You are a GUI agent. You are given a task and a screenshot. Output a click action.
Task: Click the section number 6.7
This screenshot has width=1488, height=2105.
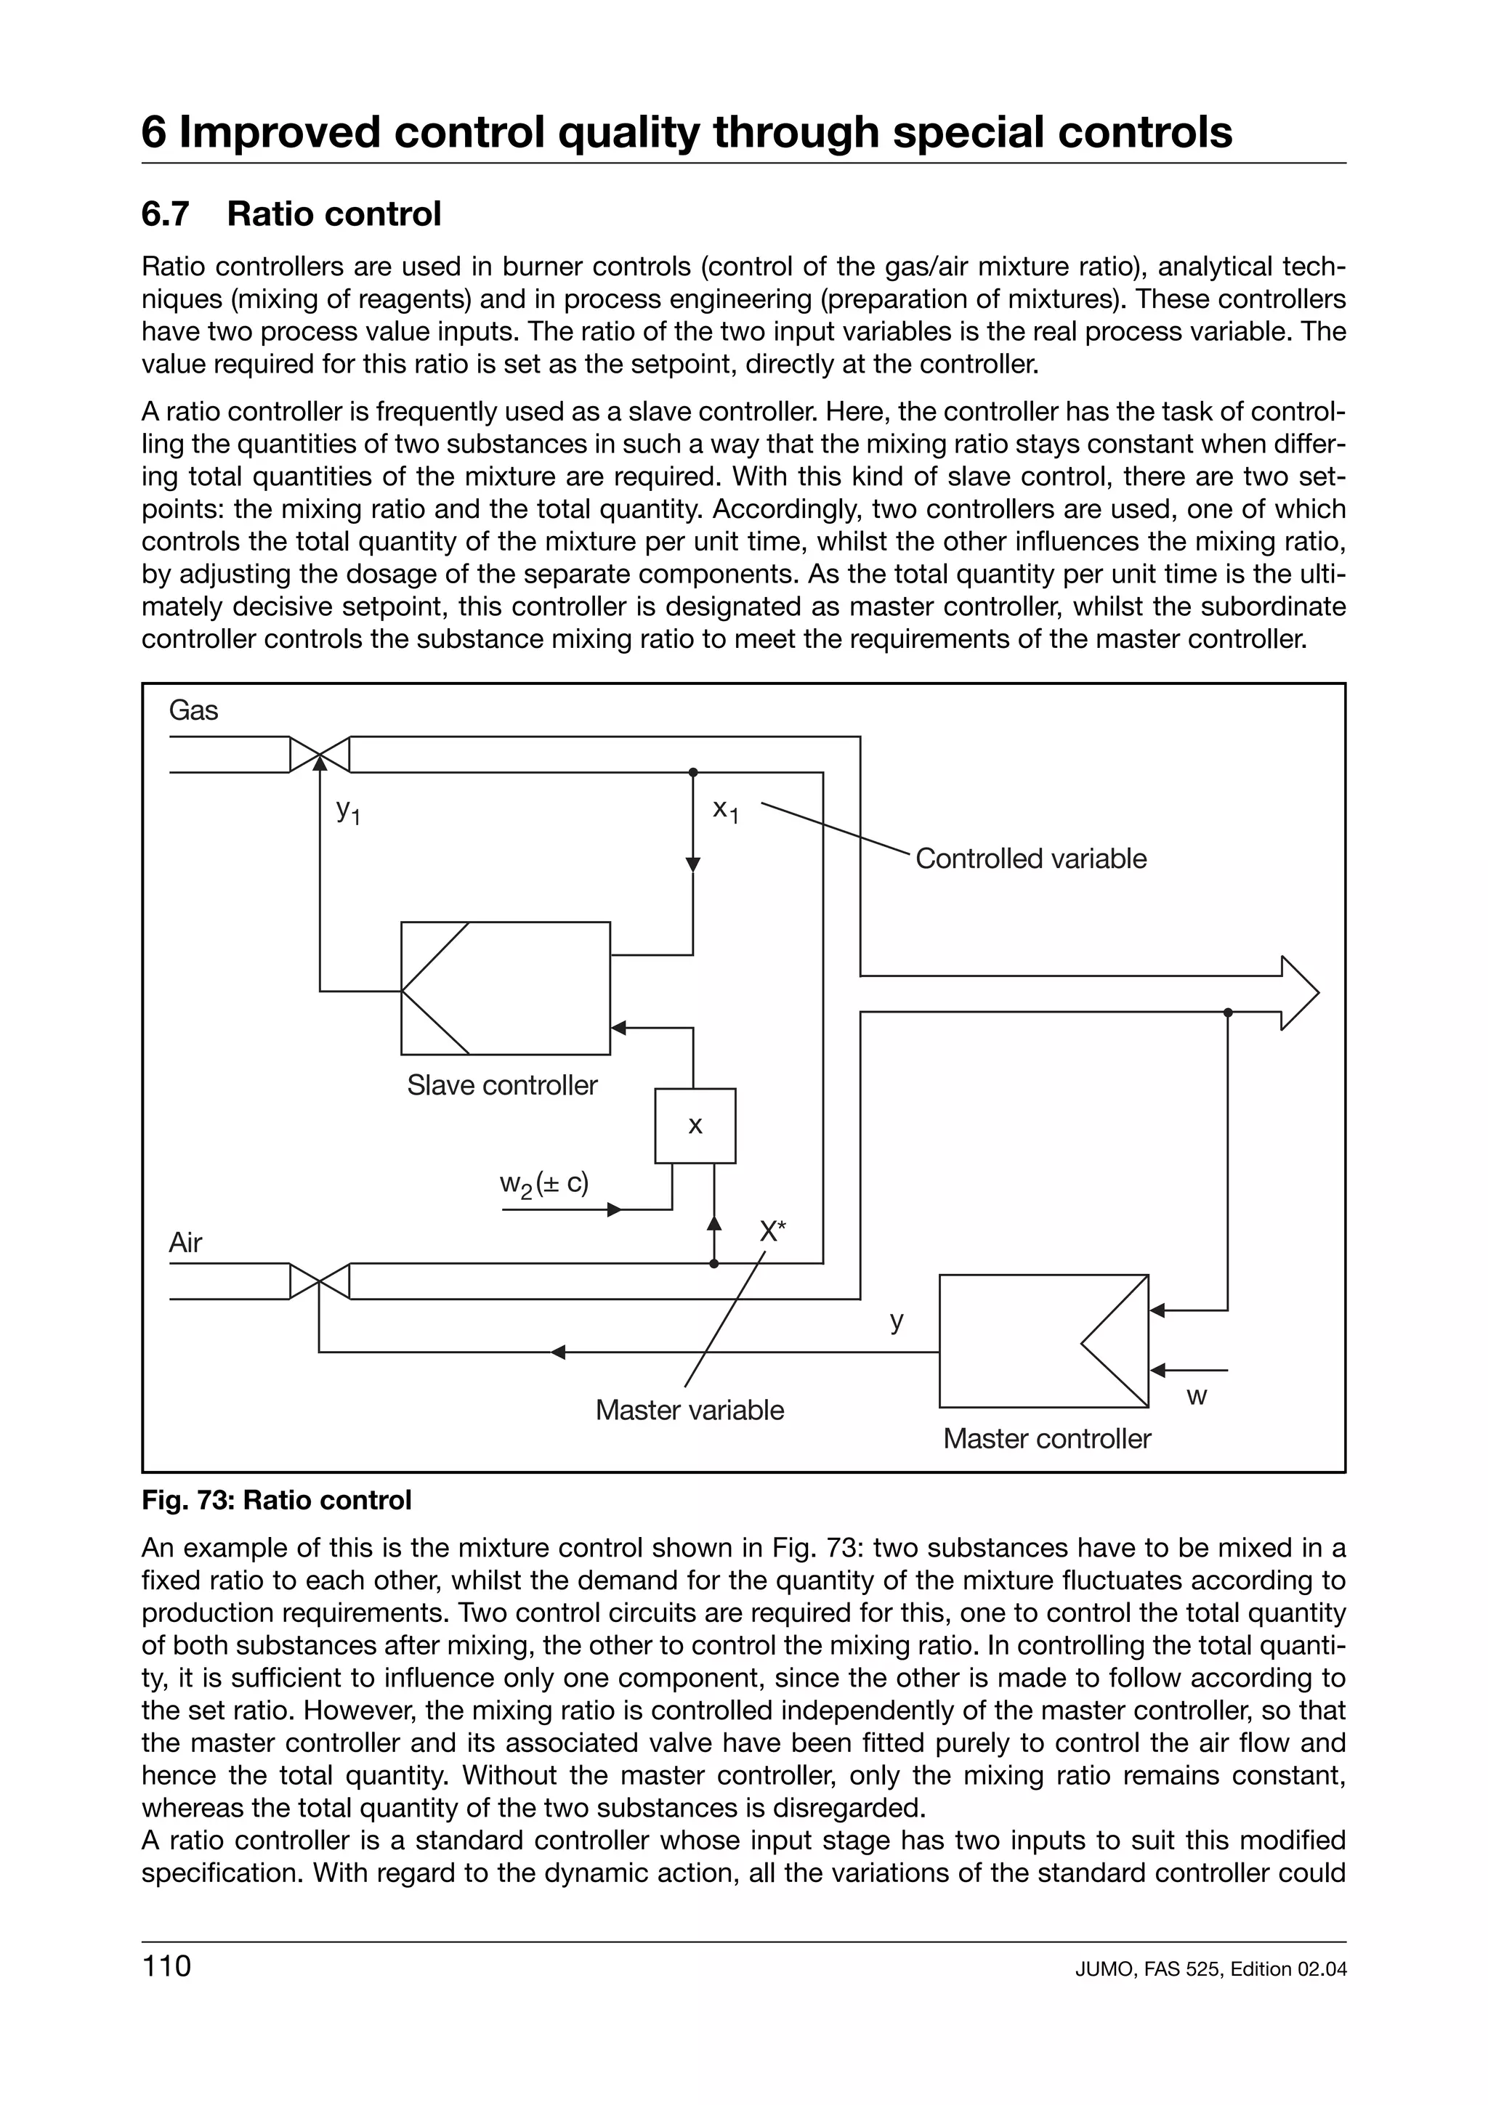pos(165,214)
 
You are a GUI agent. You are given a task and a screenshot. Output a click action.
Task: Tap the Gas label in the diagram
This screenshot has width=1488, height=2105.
pos(193,710)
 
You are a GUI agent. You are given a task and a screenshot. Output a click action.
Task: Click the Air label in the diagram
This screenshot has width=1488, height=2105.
pos(185,1244)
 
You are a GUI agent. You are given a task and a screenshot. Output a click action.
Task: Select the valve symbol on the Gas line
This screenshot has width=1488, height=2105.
pos(319,755)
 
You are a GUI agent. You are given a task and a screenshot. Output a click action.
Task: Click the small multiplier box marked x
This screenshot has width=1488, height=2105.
pos(695,1126)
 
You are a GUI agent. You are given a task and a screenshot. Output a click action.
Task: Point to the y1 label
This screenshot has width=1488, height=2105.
pos(347,811)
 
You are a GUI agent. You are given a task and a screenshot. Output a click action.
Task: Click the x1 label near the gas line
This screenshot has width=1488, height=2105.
pos(725,811)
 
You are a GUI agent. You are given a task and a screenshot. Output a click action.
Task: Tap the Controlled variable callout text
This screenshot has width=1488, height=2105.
pos(1030,859)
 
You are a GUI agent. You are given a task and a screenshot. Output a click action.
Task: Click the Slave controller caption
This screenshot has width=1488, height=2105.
pos(501,1085)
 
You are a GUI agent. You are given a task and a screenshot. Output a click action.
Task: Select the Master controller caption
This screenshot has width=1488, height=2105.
pos(1046,1438)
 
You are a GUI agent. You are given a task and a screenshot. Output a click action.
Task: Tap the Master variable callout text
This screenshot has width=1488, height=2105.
pos(690,1410)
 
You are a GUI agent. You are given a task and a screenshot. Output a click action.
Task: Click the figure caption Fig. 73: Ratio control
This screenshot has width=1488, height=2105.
pos(277,1501)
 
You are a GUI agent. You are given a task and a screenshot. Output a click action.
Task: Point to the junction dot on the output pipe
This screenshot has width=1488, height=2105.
pos(1228,1012)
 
